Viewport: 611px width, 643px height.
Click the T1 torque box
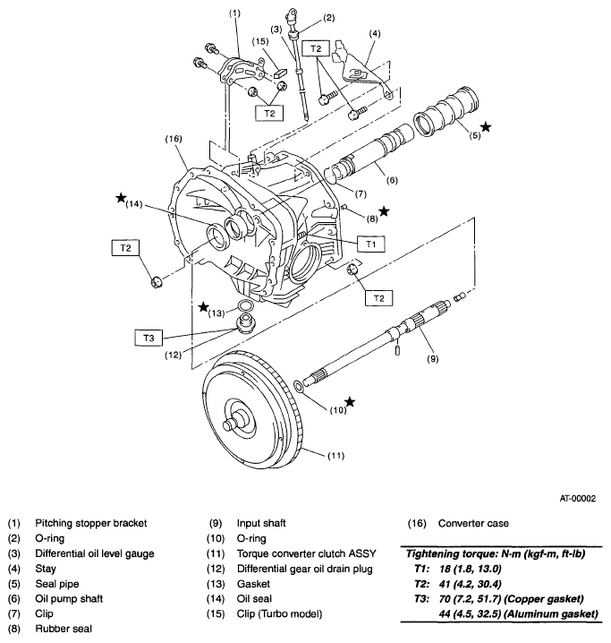pyautogui.click(x=370, y=244)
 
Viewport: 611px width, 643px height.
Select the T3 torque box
pyautogui.click(x=149, y=338)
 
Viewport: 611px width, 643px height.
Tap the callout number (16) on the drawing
pyautogui.click(x=174, y=139)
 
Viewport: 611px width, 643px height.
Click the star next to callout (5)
pyautogui.click(x=485, y=126)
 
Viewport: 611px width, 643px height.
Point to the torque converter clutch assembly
pyautogui.click(x=252, y=410)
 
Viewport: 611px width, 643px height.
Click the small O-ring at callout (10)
pyautogui.click(x=299, y=385)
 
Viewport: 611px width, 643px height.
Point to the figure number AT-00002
pyautogui.click(x=577, y=499)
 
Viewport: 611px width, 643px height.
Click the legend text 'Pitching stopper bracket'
pyautogui.click(x=91, y=523)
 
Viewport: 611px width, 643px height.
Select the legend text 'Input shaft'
pyautogui.click(x=261, y=523)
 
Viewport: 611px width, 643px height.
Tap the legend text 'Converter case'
pyautogui.click(x=473, y=523)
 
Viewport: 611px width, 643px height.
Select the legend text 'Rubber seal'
pyautogui.click(x=64, y=629)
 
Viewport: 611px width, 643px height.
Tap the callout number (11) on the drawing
pyautogui.click(x=335, y=456)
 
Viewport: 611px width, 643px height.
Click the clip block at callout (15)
pyautogui.click(x=281, y=73)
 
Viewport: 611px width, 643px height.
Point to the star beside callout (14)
pyautogui.click(x=121, y=198)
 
